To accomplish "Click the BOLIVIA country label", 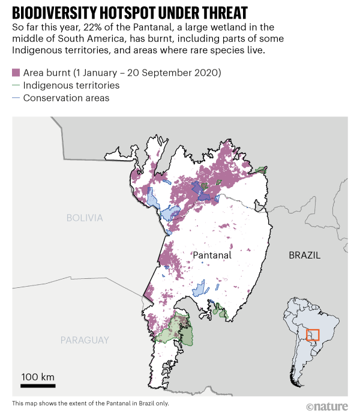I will tap(85, 218).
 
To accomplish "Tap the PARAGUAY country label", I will tap(85, 340).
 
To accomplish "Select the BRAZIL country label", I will tap(304, 255).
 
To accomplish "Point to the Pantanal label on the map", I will tap(212, 255).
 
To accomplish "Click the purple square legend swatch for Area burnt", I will tap(16, 73).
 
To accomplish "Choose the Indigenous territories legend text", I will tap(71, 85).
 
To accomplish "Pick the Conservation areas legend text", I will tap(66, 98).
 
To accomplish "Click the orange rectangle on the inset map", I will tap(313, 335).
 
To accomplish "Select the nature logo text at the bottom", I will tap(328, 407).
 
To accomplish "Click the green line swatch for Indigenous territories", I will tap(16, 85).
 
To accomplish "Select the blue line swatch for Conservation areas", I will tap(16, 98).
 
